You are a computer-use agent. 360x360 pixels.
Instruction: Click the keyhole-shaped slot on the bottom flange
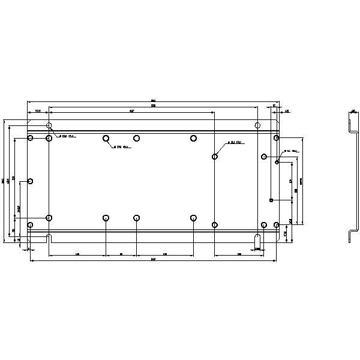tap(257, 238)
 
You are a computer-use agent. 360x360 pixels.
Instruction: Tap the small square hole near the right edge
tap(272, 200)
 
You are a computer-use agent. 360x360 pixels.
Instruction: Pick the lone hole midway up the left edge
tap(30, 181)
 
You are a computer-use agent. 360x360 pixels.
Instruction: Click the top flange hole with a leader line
tap(49, 126)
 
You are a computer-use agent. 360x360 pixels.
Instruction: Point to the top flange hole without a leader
tap(257, 125)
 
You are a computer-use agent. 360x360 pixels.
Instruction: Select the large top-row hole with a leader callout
tap(106, 139)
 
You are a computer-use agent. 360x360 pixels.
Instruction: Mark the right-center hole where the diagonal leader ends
tap(215, 157)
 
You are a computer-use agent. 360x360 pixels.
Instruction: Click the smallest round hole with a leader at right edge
tap(277, 162)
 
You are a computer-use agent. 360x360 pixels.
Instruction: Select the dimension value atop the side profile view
tap(353, 110)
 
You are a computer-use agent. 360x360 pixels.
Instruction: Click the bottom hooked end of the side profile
tap(350, 238)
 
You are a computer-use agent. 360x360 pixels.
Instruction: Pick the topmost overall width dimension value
tap(153, 100)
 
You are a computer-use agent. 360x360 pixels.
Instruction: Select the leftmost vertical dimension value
tap(3, 180)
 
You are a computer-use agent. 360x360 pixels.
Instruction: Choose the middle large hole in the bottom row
tap(137, 218)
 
